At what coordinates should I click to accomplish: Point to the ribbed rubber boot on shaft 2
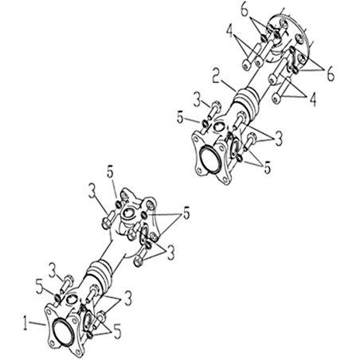(x=246, y=102)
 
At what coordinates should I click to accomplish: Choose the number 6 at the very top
(x=245, y=10)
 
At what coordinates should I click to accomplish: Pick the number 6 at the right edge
(x=331, y=74)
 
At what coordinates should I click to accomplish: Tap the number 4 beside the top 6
(x=229, y=31)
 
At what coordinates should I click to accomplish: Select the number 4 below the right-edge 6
(x=313, y=100)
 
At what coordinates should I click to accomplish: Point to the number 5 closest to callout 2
(x=180, y=118)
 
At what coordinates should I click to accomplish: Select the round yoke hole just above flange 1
(x=71, y=299)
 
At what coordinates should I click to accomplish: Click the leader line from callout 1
(x=37, y=323)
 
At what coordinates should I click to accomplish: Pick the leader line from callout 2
(x=229, y=84)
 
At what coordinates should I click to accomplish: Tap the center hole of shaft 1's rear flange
(x=129, y=213)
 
